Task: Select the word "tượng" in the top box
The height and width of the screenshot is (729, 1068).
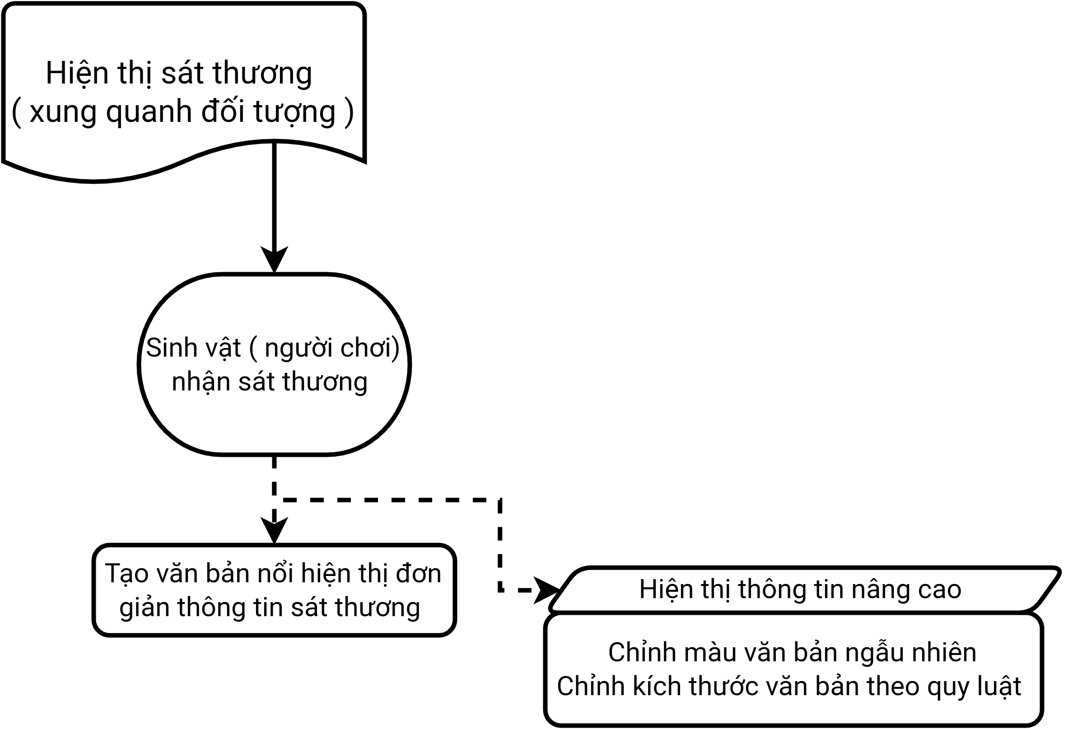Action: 294,112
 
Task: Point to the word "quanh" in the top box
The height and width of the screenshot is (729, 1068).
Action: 149,111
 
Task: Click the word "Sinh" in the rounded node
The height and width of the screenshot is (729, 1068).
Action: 168,347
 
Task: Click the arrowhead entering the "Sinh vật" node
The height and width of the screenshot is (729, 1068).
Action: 275,260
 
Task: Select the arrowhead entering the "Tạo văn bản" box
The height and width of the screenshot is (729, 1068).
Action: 275,530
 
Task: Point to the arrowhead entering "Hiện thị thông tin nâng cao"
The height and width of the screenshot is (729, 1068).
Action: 547,590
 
